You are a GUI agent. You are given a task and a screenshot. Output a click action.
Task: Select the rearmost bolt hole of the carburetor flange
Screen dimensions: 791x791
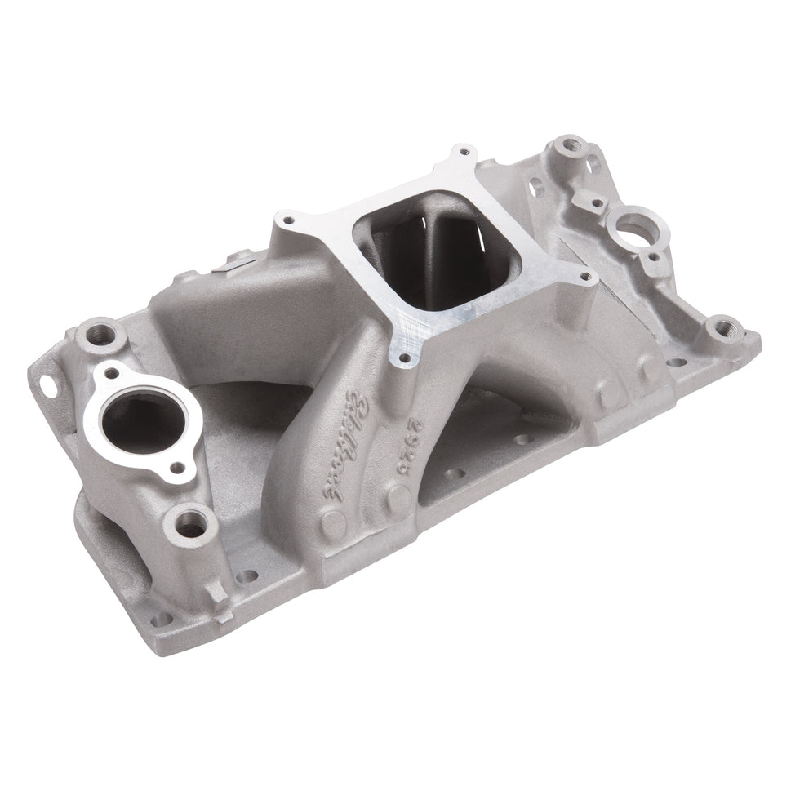click(x=464, y=153)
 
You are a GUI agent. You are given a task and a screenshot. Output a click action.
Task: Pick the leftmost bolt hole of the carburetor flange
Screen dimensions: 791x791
click(x=287, y=219)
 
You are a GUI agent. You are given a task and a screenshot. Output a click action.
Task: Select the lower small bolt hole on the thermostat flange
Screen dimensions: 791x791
click(x=175, y=468)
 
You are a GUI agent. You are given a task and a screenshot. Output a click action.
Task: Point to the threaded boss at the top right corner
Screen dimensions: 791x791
click(x=573, y=149)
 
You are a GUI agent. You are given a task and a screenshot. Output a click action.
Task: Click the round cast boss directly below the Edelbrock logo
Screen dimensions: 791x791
click(x=333, y=522)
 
